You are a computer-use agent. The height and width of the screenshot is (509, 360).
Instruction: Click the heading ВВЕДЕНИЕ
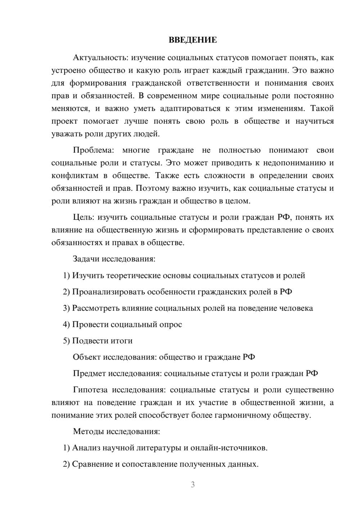(x=193, y=40)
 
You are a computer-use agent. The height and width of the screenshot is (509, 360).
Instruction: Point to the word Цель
(x=83, y=217)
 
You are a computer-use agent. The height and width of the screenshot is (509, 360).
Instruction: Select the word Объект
(x=87, y=357)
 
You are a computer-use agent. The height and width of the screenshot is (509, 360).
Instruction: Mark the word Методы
(x=87, y=432)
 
